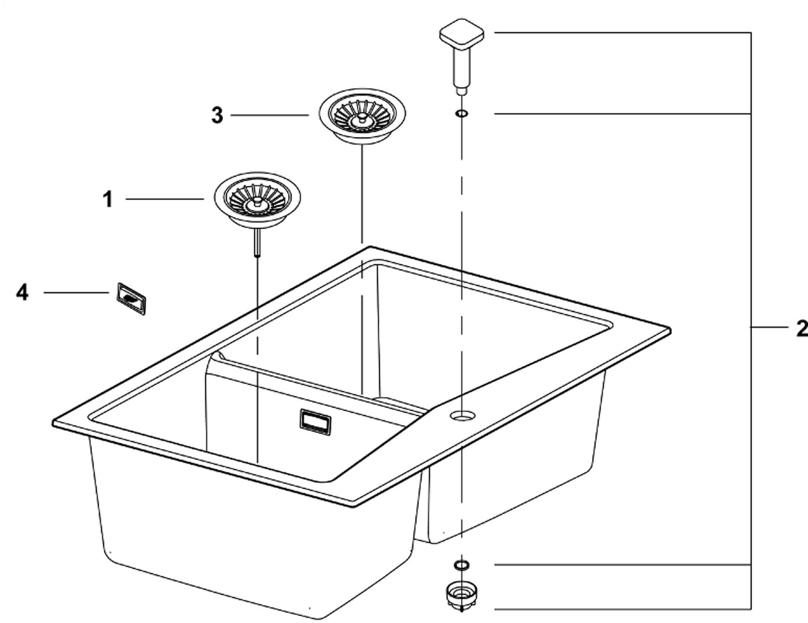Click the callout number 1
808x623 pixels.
(107, 200)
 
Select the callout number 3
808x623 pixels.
(217, 115)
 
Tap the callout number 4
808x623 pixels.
(22, 292)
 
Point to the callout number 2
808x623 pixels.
(801, 328)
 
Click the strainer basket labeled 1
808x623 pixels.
(257, 200)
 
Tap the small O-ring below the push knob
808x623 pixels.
(461, 113)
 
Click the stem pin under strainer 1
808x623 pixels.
(257, 242)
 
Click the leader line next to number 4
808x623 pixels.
(77, 292)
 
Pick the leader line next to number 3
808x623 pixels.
(269, 115)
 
